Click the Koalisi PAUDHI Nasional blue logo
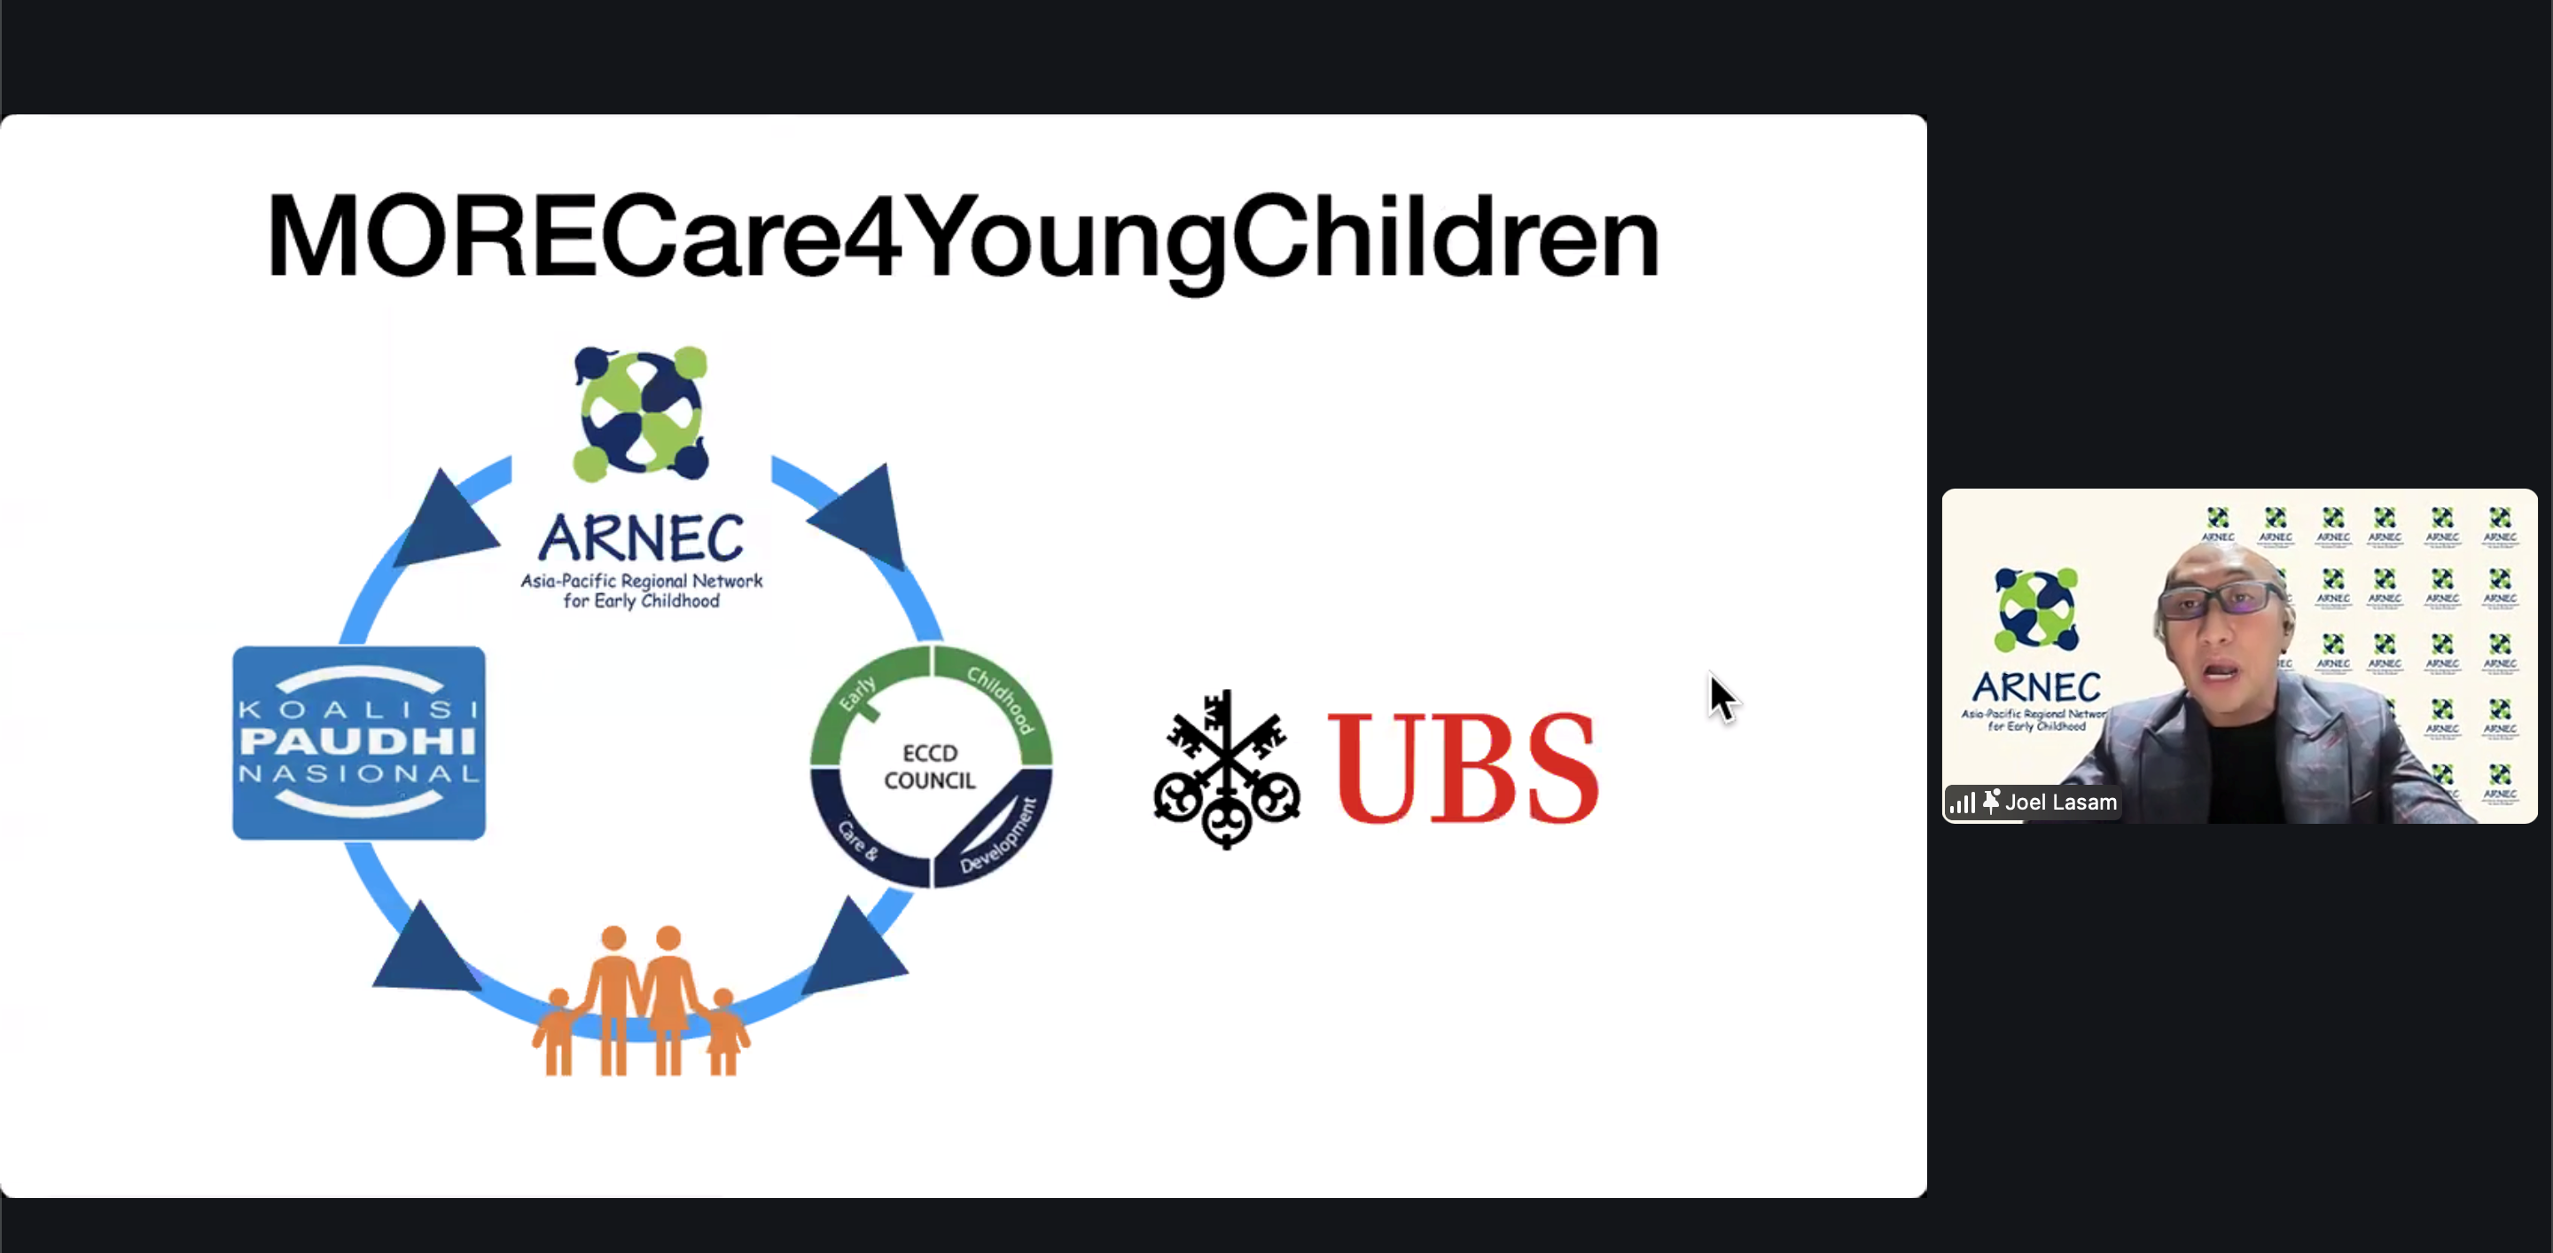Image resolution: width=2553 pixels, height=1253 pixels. (359, 742)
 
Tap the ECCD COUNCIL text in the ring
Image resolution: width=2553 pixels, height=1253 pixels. (930, 766)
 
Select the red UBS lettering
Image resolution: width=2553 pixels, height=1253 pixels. (1463, 768)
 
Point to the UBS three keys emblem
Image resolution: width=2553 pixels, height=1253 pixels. (1227, 771)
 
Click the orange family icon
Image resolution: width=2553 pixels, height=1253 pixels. (641, 1000)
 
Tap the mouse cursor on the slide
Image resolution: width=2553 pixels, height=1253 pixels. (1722, 697)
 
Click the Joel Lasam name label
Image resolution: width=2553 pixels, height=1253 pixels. (2060, 802)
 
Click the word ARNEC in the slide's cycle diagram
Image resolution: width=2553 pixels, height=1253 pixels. (641, 538)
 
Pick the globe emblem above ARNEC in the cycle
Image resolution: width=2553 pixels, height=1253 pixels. (641, 413)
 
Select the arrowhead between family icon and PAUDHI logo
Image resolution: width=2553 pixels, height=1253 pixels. (421, 950)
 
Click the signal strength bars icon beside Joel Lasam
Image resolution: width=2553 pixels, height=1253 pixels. (1963, 803)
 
